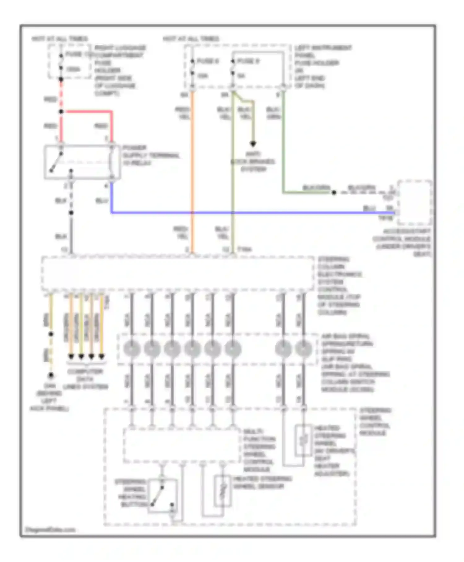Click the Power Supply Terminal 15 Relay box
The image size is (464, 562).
point(82,162)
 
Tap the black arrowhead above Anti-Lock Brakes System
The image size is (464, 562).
point(253,144)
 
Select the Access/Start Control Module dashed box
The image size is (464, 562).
point(415,203)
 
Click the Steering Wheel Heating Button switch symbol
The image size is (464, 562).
point(162,496)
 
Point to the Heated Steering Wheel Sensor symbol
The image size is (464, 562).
point(223,490)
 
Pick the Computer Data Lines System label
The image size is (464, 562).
point(85,379)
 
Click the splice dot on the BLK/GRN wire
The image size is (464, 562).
point(334,193)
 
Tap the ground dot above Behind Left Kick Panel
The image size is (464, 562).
point(51,375)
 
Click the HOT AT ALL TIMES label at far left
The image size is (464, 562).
point(59,39)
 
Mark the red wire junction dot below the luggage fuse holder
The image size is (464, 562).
point(61,112)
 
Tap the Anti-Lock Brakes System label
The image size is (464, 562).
point(253,161)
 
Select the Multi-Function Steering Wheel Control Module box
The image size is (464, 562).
point(182,445)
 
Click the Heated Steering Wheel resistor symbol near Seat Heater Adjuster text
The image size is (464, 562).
point(303,440)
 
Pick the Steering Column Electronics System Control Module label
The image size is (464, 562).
point(339,285)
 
